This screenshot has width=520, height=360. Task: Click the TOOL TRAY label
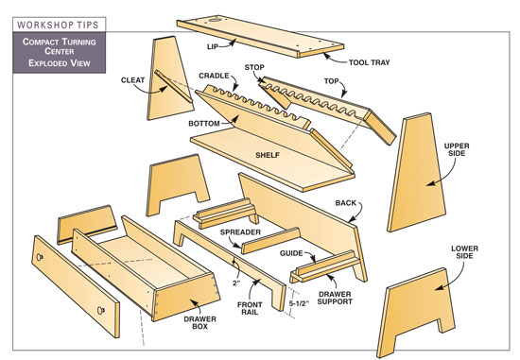369,62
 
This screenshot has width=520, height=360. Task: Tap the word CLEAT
132,80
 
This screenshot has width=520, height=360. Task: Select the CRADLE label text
214,76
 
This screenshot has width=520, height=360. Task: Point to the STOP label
254,67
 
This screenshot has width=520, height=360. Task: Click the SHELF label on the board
268,155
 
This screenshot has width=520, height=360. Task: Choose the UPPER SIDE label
457,149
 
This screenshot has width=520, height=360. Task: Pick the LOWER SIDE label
464,252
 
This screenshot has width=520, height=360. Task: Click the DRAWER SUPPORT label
335,298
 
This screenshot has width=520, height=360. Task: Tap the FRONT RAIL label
250,308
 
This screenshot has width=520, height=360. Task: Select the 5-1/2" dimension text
299,303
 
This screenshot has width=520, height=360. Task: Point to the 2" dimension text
235,284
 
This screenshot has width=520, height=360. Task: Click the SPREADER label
240,232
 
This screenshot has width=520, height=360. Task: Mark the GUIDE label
291,253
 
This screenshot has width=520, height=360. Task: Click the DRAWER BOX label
200,322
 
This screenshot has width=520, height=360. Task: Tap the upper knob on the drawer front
40,257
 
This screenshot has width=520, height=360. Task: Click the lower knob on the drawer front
100,311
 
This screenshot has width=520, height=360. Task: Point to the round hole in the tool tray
215,21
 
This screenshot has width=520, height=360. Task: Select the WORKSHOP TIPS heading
58,25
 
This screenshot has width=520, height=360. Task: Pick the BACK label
345,203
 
